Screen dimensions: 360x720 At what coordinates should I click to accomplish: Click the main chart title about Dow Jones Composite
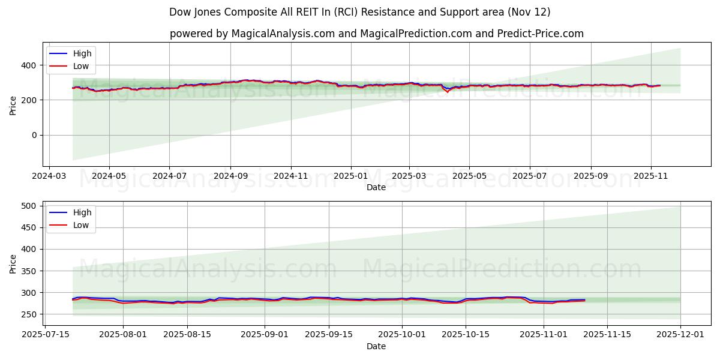[x=359, y=12]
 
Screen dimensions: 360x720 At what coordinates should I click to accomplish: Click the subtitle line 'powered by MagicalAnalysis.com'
[x=376, y=34]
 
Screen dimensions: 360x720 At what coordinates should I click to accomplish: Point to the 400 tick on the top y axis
[x=31, y=65]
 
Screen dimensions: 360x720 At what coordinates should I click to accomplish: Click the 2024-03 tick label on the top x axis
[x=49, y=177]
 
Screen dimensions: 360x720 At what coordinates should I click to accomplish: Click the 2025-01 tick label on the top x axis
[x=350, y=177]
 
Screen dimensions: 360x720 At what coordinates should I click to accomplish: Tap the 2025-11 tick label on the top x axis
[x=651, y=177]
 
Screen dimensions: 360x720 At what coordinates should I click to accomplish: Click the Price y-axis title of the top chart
[x=13, y=105]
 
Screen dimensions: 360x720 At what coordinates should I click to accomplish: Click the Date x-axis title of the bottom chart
[x=376, y=347]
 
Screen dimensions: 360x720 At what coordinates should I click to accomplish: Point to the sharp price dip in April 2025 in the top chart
[x=447, y=91]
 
